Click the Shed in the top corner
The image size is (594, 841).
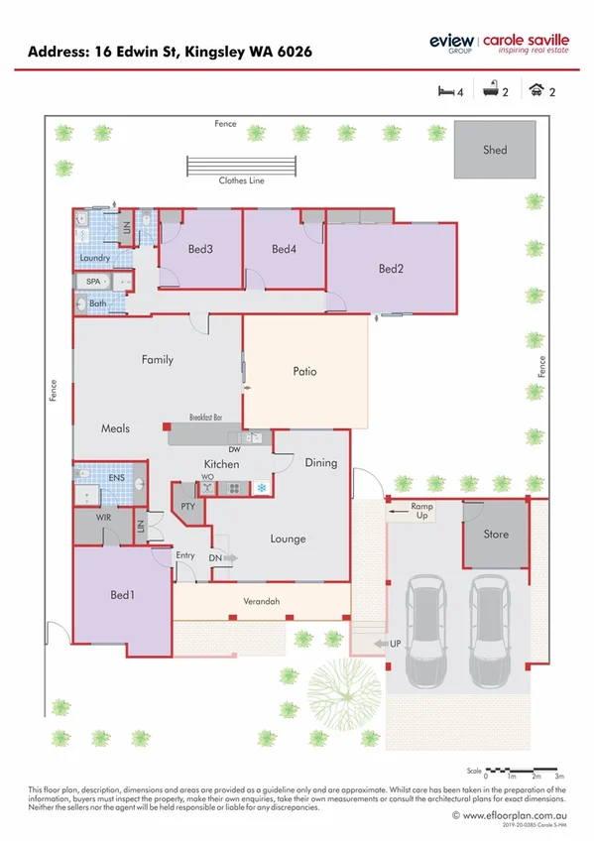click(494, 150)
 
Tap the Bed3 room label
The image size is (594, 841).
click(200, 249)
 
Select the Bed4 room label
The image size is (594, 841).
click(284, 249)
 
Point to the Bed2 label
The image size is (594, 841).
click(391, 268)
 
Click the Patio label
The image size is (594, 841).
click(304, 372)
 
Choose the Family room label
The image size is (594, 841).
click(157, 360)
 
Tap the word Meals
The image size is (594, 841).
click(115, 429)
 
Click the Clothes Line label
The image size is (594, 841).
click(241, 180)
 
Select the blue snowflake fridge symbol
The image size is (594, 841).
click(262, 487)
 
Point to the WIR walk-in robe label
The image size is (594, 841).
click(102, 518)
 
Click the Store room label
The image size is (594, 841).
click(495, 534)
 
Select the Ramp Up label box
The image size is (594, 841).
click(422, 511)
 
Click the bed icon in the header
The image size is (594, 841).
click(445, 91)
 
